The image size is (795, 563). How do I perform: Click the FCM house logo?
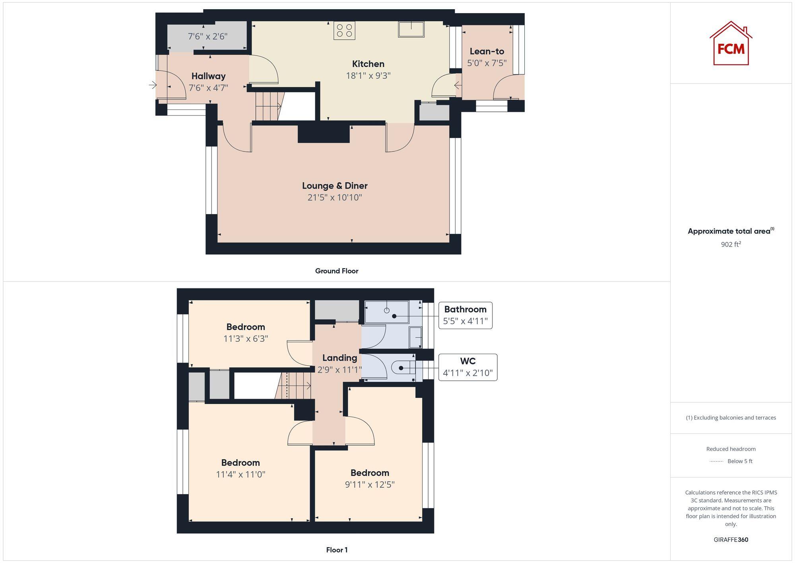[x=731, y=43]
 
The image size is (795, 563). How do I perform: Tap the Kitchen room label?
[x=368, y=64]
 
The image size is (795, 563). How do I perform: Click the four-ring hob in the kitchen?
[x=344, y=31]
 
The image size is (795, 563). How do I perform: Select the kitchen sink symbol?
[x=411, y=29]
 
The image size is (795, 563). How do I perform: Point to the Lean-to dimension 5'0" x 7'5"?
[x=487, y=63]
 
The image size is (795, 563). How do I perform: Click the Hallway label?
[x=208, y=76]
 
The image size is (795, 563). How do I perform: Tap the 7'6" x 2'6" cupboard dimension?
[x=207, y=36]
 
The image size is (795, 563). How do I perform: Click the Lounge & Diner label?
[x=335, y=185]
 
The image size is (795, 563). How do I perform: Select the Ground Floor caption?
[x=337, y=271]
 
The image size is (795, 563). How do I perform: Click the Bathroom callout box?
[x=465, y=315]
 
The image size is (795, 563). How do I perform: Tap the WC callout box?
[x=467, y=367]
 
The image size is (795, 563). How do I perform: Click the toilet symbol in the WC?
[x=403, y=368]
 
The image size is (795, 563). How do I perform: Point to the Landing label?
[x=339, y=358]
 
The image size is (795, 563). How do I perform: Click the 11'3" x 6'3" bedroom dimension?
[x=246, y=339]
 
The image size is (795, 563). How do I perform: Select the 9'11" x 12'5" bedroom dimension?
[x=370, y=484]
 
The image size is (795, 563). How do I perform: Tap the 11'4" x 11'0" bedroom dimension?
[x=240, y=474]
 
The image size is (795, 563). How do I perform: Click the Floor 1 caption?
[x=337, y=550]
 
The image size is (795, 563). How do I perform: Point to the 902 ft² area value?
[x=731, y=244]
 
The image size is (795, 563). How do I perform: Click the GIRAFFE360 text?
[x=731, y=540]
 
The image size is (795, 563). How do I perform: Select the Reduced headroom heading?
[x=731, y=449]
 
